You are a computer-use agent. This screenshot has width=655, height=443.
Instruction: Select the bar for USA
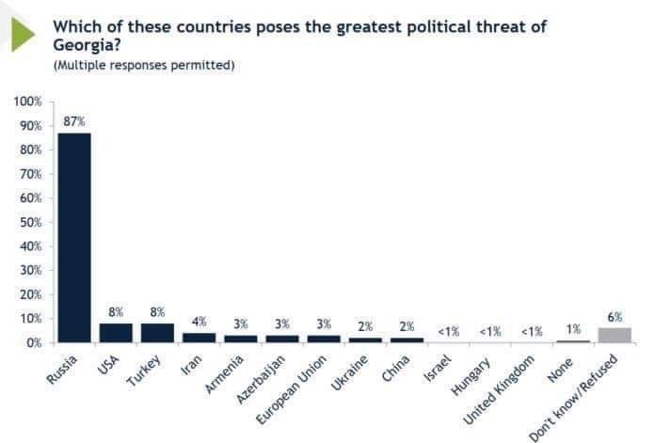pos(116,333)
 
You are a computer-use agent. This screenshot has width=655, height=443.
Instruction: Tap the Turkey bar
pos(157,333)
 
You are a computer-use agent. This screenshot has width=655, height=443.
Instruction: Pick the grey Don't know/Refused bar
pos(615,335)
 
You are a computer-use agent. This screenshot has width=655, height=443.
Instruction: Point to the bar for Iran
pos(199,338)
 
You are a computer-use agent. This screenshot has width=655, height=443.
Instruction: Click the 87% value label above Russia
pos(74,120)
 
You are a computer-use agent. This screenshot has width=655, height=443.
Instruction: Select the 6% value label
pos(615,317)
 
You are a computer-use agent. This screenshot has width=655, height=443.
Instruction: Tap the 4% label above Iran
pos(199,322)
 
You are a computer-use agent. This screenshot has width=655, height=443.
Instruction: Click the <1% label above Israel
pos(449,331)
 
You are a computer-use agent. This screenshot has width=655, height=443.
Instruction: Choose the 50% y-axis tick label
pos(30,222)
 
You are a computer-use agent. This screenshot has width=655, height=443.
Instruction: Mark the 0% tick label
pos(33,342)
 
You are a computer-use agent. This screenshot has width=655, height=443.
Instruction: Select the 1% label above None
pos(573,329)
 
